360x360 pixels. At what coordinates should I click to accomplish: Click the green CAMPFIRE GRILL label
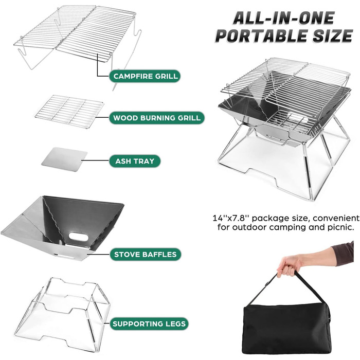pyautogui.click(x=145, y=76)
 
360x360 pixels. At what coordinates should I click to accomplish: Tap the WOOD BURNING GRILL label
pyautogui.click(x=157, y=118)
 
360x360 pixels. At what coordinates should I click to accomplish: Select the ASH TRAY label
pyautogui.click(x=135, y=161)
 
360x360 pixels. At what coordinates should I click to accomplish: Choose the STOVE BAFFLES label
pyautogui.click(x=146, y=255)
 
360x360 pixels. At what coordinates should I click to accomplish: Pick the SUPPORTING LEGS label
pyautogui.click(x=149, y=323)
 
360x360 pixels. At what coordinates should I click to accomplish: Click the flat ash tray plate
pyautogui.click(x=64, y=159)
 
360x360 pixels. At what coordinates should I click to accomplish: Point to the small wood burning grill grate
pyautogui.click(x=69, y=112)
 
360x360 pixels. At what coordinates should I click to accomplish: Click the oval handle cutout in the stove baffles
pyautogui.click(x=78, y=237)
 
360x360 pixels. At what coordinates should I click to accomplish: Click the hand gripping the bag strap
pyautogui.click(x=289, y=266)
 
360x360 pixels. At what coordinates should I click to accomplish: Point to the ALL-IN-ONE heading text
pyautogui.click(x=284, y=18)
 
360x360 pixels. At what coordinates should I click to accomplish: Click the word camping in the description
pyautogui.click(x=287, y=228)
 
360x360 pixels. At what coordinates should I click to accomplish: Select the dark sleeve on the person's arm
pyautogui.click(x=343, y=254)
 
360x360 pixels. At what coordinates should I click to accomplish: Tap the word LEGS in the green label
pyautogui.click(x=175, y=323)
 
